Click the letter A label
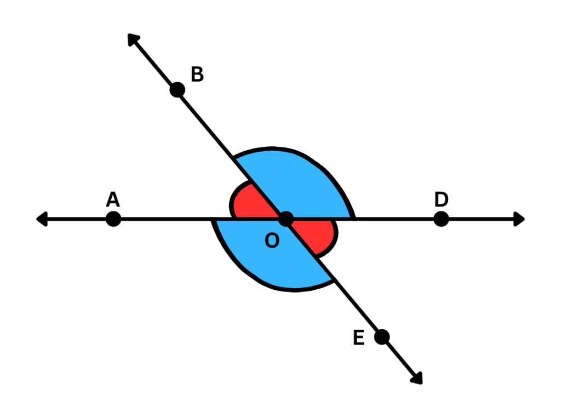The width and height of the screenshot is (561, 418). pyautogui.click(x=113, y=199)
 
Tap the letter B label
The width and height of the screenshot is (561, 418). pyautogui.click(x=197, y=74)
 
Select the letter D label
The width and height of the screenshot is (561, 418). pyautogui.click(x=441, y=199)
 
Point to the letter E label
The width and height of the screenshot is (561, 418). pyautogui.click(x=359, y=338)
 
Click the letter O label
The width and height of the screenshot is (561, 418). pyautogui.click(x=272, y=240)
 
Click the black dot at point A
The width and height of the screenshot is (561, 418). pyautogui.click(x=113, y=219)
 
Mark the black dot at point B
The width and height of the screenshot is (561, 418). pyautogui.click(x=177, y=89)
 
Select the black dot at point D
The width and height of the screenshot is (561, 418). pyautogui.click(x=441, y=219)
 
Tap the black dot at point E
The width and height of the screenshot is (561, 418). pyautogui.click(x=382, y=336)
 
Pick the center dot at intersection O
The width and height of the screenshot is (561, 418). pyautogui.click(x=286, y=219)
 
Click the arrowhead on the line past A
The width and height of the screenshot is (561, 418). pyautogui.click(x=42, y=219)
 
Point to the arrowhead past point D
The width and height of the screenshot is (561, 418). pyautogui.click(x=519, y=219)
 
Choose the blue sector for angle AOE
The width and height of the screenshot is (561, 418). pyautogui.click(x=268, y=257)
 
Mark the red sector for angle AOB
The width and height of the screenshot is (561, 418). pyautogui.click(x=249, y=203)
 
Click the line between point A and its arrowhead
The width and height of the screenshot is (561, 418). pyautogui.click(x=77, y=219)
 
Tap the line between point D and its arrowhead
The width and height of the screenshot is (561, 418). pyautogui.click(x=479, y=219)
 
